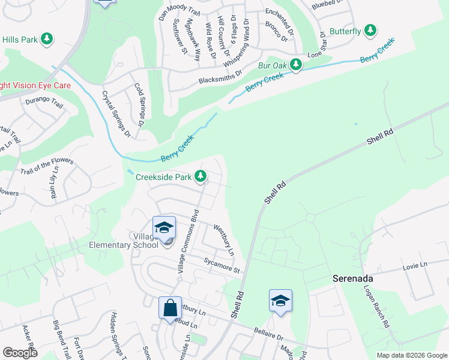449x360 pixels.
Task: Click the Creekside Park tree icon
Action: [201, 177]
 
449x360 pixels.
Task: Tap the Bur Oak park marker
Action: [296, 64]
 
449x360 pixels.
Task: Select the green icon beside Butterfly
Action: [370, 30]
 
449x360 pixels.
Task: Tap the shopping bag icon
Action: [170, 308]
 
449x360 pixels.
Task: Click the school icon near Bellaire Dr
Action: [280, 301]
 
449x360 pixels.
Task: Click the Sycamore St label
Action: [221, 264]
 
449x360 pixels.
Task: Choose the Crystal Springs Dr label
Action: [116, 113]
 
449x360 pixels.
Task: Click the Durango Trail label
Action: [44, 104]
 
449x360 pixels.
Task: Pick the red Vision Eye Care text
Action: [35, 86]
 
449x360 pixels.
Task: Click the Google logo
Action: [20, 352]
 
